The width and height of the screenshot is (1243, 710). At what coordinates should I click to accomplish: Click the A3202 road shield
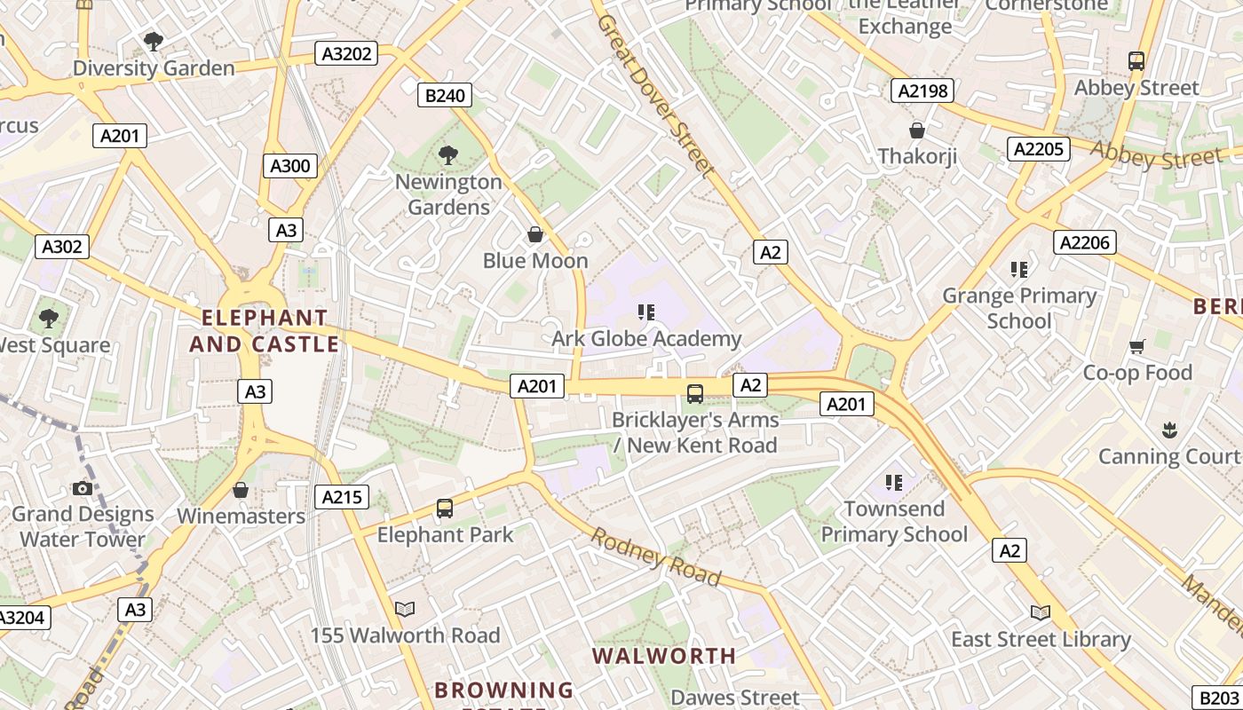click(x=346, y=53)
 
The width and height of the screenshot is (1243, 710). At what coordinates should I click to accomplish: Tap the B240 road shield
click(x=445, y=95)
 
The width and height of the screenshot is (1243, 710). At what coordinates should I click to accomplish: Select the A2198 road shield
click(x=922, y=91)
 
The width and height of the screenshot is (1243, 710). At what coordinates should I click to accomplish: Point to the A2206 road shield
click(x=1084, y=242)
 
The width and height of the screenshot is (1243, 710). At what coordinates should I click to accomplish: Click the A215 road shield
click(x=342, y=497)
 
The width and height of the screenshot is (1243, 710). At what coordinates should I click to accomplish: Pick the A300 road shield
click(x=290, y=166)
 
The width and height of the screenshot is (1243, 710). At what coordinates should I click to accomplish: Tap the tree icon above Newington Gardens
click(x=448, y=155)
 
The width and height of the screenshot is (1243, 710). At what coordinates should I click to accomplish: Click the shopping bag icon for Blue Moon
click(x=535, y=234)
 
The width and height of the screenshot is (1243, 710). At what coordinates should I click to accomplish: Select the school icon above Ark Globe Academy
click(x=646, y=312)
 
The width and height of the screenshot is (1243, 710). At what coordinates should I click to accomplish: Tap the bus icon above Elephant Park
click(x=445, y=509)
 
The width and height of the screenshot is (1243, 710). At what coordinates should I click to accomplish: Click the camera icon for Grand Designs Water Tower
click(x=83, y=488)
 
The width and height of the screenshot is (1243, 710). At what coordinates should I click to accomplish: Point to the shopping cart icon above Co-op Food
click(x=1137, y=346)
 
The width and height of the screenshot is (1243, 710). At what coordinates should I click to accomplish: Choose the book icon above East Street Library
click(x=1041, y=612)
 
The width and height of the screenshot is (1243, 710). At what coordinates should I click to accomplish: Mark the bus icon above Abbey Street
click(x=1136, y=61)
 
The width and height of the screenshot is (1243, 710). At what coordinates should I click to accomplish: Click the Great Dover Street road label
click(x=655, y=95)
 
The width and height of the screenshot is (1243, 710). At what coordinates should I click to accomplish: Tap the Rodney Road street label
click(x=656, y=557)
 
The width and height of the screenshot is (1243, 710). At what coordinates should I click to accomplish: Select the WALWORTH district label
click(x=664, y=657)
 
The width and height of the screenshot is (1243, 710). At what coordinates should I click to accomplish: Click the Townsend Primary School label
click(x=894, y=522)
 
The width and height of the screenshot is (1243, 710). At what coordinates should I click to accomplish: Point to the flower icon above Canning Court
click(x=1168, y=430)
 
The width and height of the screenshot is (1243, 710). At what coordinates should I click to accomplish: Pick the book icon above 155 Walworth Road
click(x=405, y=609)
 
